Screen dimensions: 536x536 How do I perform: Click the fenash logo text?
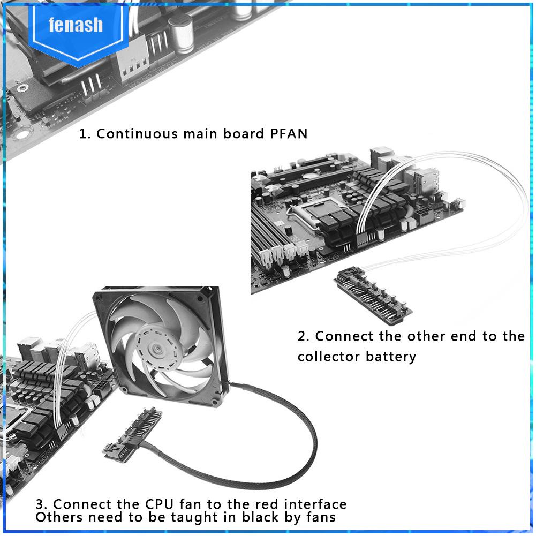coord(75,25)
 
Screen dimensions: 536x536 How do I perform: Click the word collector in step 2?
coord(329,356)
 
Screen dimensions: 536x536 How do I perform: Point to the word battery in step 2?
coord(391,356)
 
